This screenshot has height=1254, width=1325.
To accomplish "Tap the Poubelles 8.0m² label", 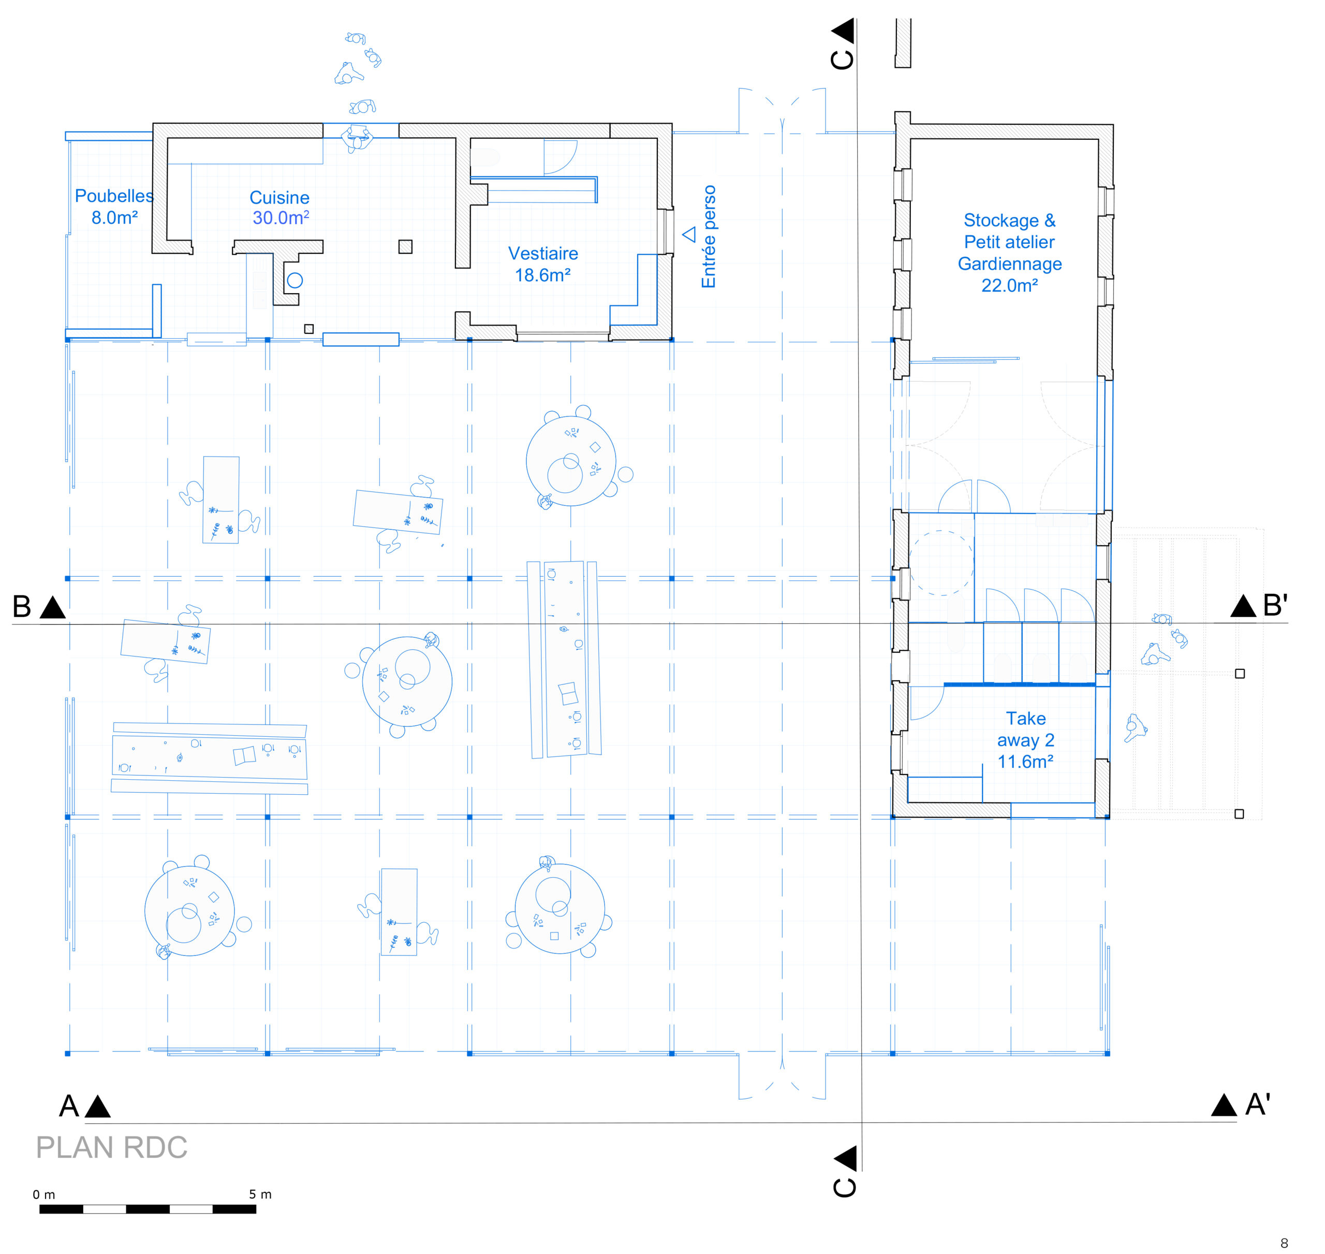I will (114, 207).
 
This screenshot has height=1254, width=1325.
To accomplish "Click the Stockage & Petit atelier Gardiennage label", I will (1010, 253).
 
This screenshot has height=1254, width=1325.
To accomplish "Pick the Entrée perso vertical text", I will (708, 237).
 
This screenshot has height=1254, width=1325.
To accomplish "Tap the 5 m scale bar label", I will (260, 1194).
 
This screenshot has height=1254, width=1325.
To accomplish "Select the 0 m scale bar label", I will (44, 1194).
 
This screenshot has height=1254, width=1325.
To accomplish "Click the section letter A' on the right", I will (1258, 1104).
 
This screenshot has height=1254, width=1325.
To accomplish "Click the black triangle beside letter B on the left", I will (53, 608).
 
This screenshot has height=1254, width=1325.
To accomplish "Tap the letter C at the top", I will (842, 60).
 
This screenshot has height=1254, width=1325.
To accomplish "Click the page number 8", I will (1284, 1243).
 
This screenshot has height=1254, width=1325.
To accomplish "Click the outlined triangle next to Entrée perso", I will (689, 235).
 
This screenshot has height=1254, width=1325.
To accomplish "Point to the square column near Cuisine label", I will (405, 246).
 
